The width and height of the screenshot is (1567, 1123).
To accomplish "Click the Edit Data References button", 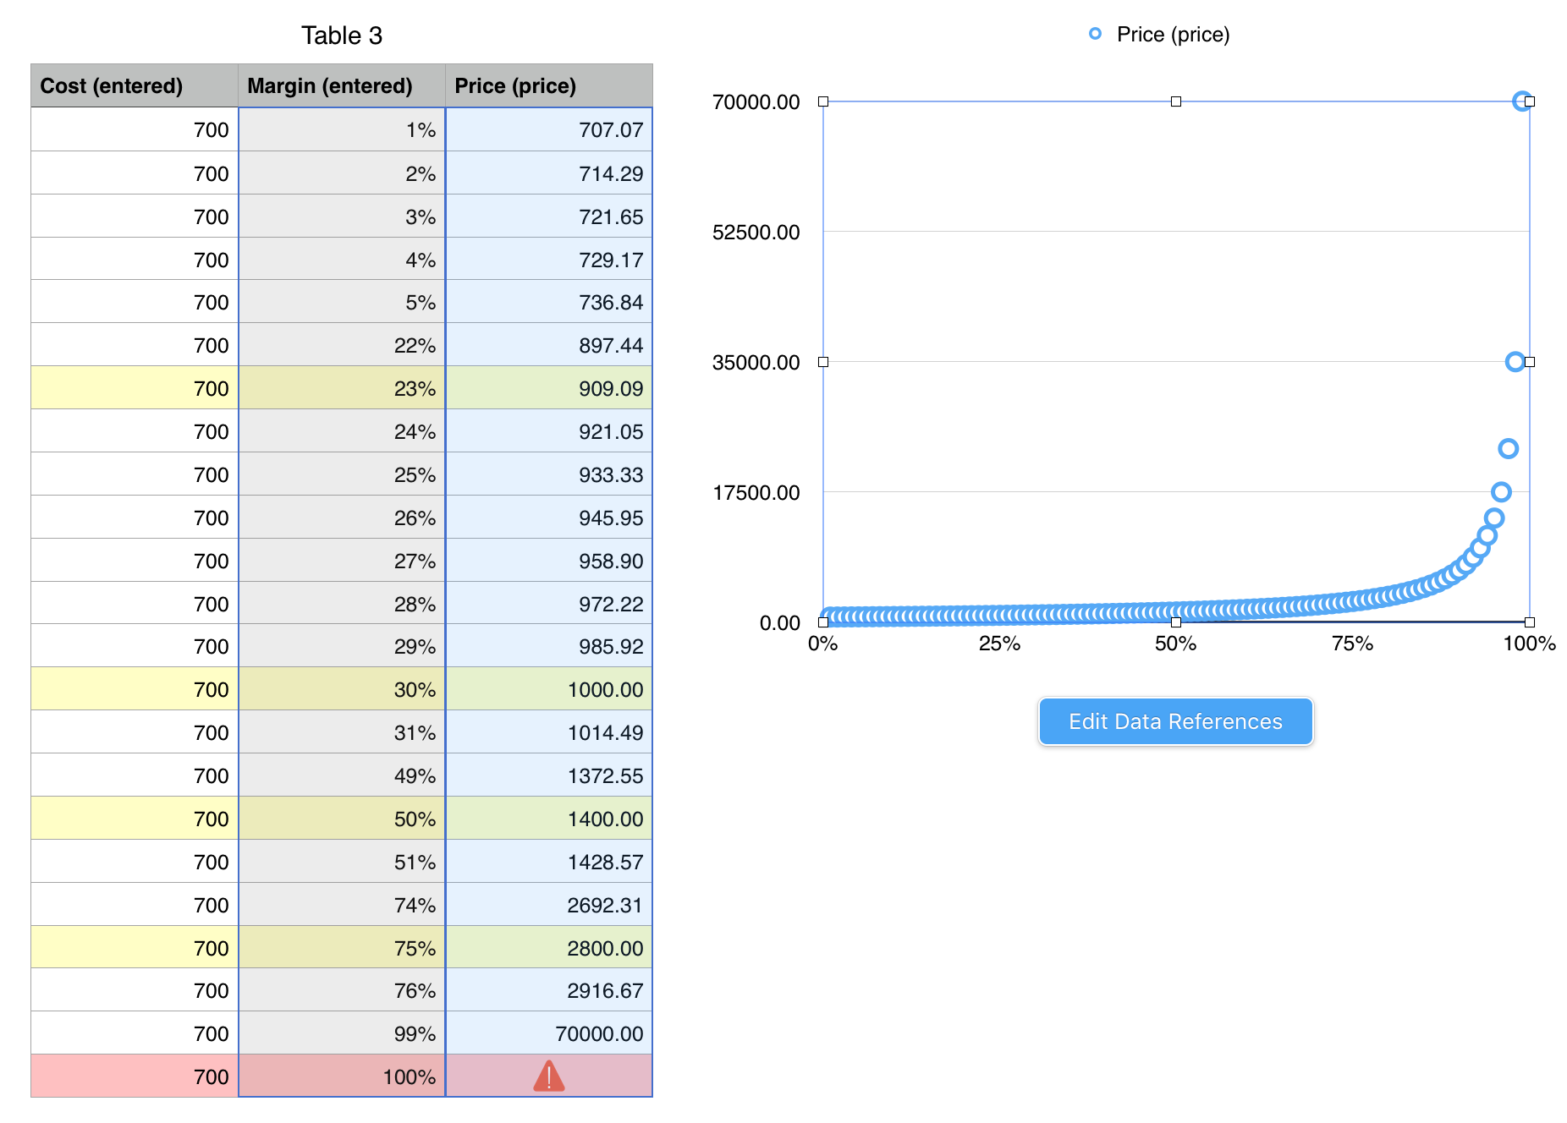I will tap(1175, 721).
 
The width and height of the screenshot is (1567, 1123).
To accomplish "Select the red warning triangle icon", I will tap(549, 1076).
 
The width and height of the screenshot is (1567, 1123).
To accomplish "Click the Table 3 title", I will tap(342, 36).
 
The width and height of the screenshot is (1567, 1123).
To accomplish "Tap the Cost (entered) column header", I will tap(112, 86).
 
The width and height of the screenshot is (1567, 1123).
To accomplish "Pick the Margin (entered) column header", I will tap(330, 86).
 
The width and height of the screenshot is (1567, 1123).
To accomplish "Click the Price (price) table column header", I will tap(515, 86).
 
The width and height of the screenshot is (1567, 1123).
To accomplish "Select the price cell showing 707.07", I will tap(610, 130).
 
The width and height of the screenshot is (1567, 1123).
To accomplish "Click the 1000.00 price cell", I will tap(605, 690).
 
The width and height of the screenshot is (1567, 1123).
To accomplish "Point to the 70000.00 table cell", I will tap(599, 1034).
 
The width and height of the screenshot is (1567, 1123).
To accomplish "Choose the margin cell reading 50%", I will tap(415, 819).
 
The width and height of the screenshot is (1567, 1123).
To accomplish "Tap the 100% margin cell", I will tap(409, 1077).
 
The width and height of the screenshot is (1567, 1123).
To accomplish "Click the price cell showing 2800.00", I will tap(605, 949).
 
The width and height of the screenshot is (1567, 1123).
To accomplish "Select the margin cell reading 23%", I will tap(415, 389).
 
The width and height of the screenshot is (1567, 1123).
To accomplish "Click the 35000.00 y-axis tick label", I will tap(756, 363).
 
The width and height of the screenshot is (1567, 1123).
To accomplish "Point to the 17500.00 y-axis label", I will tap(756, 493).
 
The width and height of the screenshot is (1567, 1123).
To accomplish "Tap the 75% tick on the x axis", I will tap(1352, 644).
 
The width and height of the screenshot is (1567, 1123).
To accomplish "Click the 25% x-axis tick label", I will tap(999, 644).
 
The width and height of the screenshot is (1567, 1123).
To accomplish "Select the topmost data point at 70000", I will tap(1521, 101).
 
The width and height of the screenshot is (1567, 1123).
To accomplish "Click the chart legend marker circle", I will tap(1095, 34).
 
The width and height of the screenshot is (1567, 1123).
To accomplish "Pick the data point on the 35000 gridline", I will tap(1515, 362).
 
